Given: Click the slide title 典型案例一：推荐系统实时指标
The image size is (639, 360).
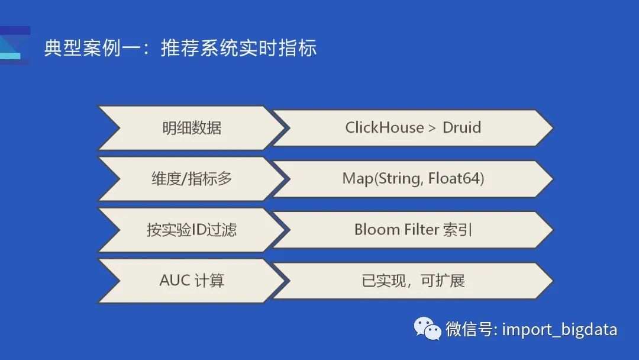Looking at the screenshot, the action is (x=180, y=48).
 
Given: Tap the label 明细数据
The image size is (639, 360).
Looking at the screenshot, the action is (x=192, y=128).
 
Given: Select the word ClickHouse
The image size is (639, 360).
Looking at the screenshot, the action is (x=385, y=128).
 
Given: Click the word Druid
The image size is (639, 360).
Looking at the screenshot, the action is (x=461, y=128).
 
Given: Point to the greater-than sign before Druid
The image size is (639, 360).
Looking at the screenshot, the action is (x=433, y=128).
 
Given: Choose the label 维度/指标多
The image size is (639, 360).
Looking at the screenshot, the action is (x=192, y=179).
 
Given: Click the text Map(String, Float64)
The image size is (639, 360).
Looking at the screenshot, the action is (x=413, y=179).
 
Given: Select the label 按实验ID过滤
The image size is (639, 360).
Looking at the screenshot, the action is (x=192, y=230).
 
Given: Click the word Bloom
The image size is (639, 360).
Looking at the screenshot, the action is (x=377, y=230).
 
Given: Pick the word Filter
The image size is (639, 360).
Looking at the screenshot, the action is (x=421, y=230).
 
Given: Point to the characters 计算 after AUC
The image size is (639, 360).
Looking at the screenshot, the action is (x=209, y=281).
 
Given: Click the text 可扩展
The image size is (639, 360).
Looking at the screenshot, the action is (x=443, y=281).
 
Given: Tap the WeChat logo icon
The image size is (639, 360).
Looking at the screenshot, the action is (x=428, y=329).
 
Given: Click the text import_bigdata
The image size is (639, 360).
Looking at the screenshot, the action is (x=560, y=330).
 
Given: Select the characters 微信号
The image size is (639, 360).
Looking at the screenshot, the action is (x=469, y=329).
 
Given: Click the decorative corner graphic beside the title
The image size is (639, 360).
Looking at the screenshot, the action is (x=14, y=46).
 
